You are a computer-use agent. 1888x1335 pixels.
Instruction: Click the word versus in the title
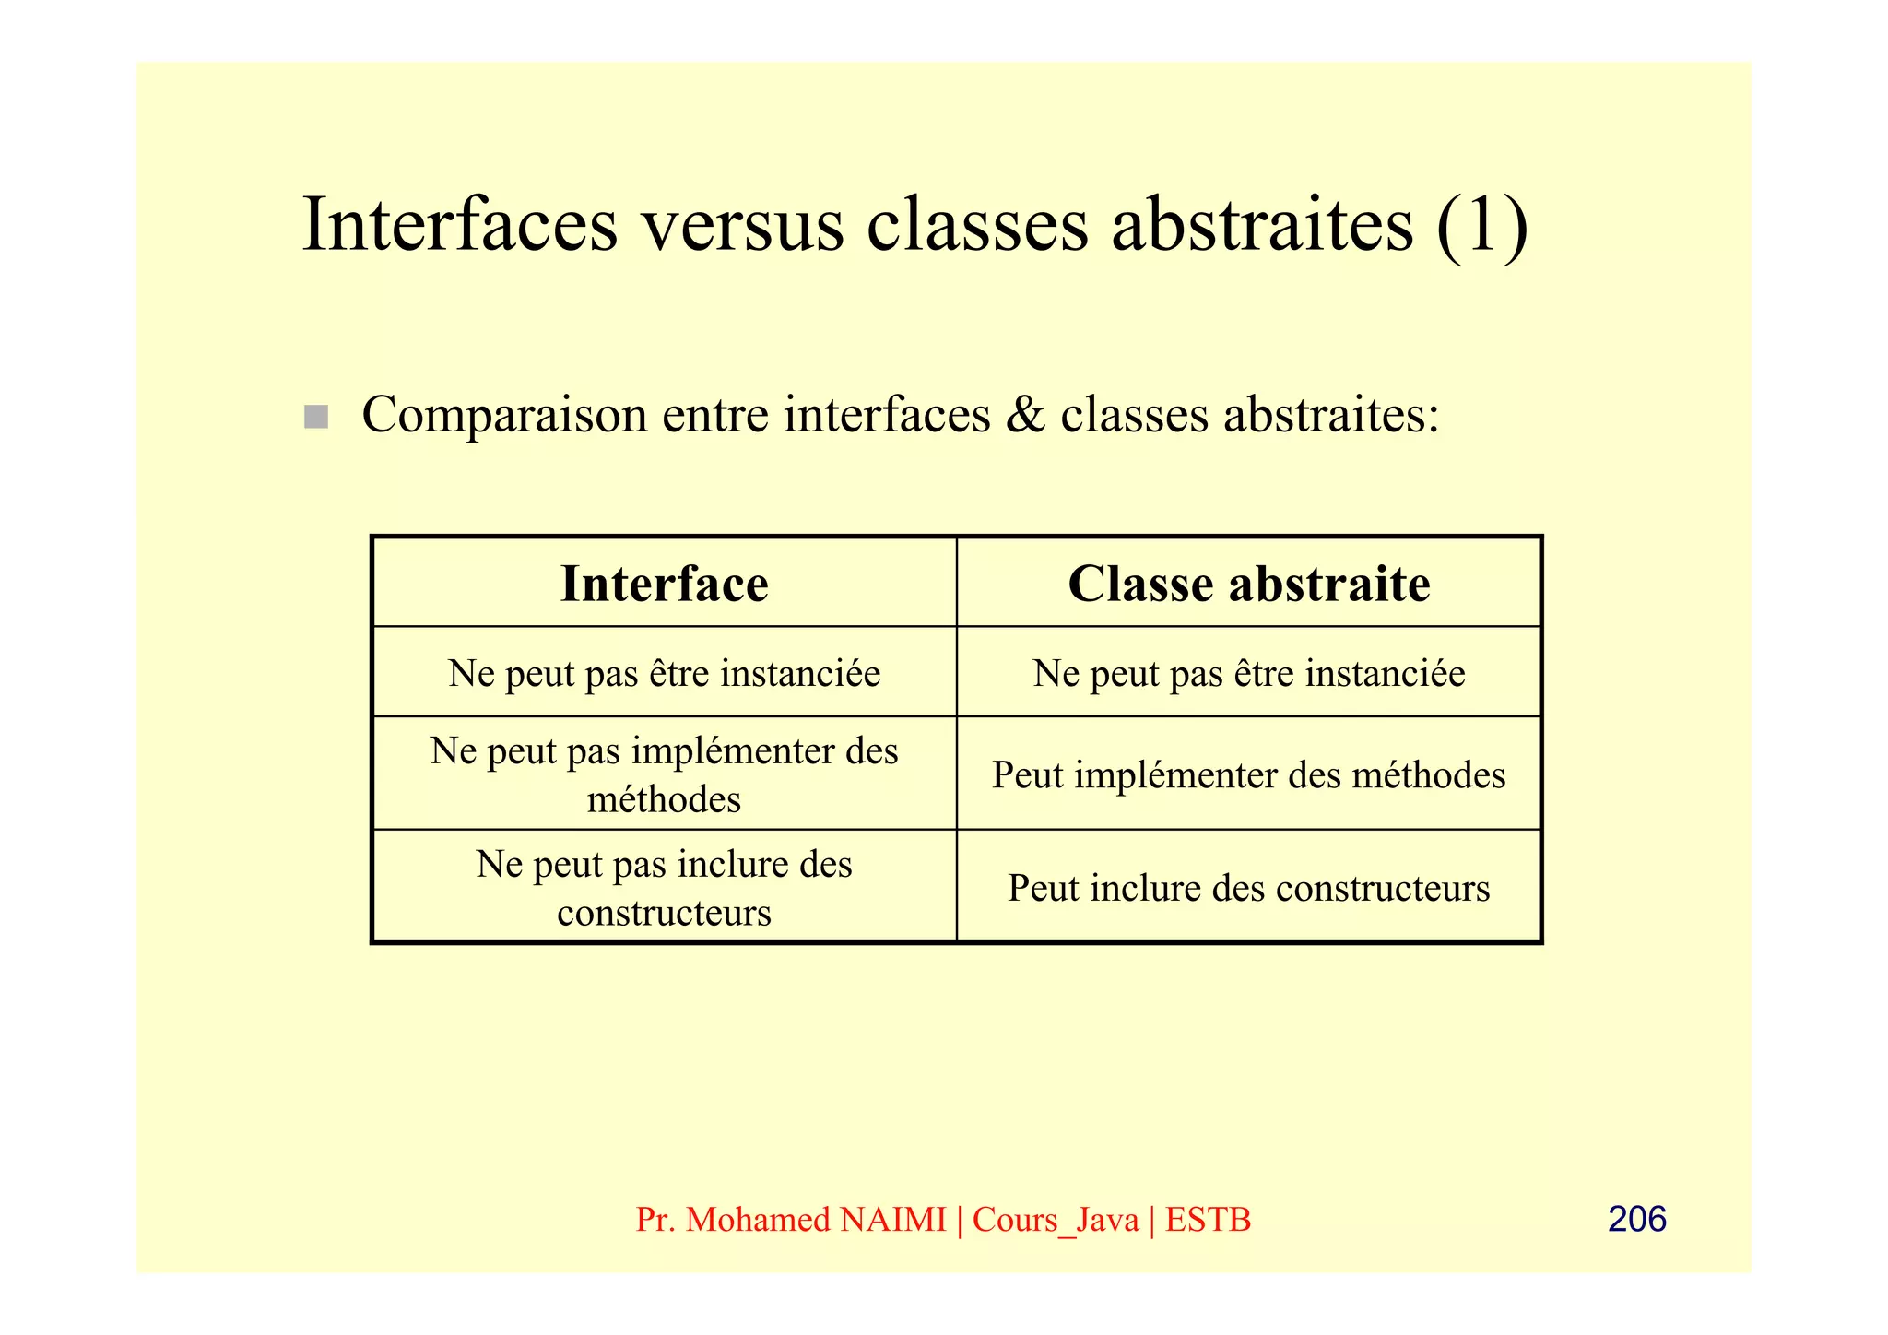click(x=742, y=226)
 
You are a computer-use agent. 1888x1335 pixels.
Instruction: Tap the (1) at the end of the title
click(x=1482, y=226)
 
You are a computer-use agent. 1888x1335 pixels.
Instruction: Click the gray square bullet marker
click(x=316, y=417)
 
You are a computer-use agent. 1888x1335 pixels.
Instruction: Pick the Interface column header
click(x=664, y=584)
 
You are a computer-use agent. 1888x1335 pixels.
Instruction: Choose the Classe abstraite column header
click(x=1248, y=584)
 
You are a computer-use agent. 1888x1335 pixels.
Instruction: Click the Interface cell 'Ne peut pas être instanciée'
click(x=664, y=673)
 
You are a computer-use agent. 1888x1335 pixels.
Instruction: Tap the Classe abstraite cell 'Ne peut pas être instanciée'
click(x=1248, y=673)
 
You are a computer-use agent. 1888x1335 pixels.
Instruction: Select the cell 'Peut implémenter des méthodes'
click(x=1248, y=774)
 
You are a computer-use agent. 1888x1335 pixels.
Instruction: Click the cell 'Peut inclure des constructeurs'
click(x=1248, y=888)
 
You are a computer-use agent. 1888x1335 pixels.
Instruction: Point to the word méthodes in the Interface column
click(x=664, y=799)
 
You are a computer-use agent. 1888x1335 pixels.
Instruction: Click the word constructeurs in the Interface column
click(x=664, y=913)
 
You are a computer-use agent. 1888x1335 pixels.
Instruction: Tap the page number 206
click(x=1636, y=1219)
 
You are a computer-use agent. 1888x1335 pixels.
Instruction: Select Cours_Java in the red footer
click(x=1056, y=1220)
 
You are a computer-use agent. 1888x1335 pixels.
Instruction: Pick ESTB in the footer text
click(x=1208, y=1220)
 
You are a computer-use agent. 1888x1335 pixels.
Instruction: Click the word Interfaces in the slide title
click(x=460, y=226)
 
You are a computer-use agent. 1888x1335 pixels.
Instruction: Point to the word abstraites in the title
click(x=1262, y=226)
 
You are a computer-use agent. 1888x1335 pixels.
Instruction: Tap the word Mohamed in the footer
click(x=758, y=1220)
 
